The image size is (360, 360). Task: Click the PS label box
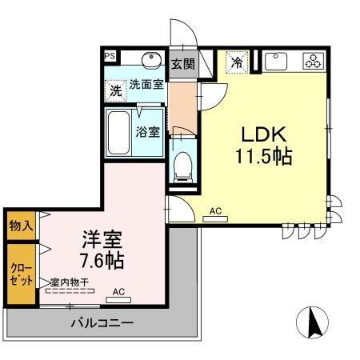tap(110, 56)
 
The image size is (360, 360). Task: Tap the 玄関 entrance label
tap(183, 63)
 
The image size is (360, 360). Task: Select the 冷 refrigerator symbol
tap(237, 61)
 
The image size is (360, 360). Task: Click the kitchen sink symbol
tap(276, 60)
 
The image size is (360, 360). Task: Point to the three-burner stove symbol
tap(311, 61)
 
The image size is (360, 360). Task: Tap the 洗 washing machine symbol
tap(117, 91)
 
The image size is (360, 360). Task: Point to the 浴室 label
tap(148, 132)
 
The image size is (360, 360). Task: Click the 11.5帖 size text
tap(262, 157)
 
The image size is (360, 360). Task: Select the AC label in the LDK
tap(214, 211)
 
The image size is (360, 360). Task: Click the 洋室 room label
tap(102, 239)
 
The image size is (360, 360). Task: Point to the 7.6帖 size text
tap(102, 261)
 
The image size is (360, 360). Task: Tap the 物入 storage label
tap(21, 226)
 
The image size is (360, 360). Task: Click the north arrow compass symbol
tap(312, 322)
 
